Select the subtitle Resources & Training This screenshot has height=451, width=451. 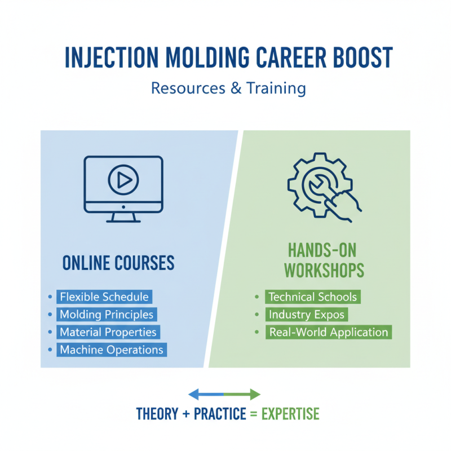[x=228, y=89]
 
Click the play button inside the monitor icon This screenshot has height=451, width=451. [x=123, y=180]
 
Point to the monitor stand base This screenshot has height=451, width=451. [x=123, y=220]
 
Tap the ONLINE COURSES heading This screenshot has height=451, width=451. [x=118, y=263]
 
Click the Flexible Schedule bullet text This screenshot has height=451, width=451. [x=104, y=297]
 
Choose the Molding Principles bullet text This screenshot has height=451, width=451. [x=107, y=314]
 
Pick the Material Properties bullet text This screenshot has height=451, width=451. [x=108, y=332]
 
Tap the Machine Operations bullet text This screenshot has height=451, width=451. [x=111, y=350]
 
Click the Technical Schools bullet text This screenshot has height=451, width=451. [x=312, y=297]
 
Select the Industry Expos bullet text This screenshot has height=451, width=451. [x=307, y=314]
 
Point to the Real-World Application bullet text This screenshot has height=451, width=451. [x=329, y=332]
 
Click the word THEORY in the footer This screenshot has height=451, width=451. [x=156, y=414]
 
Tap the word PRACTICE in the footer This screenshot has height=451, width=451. [x=220, y=414]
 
